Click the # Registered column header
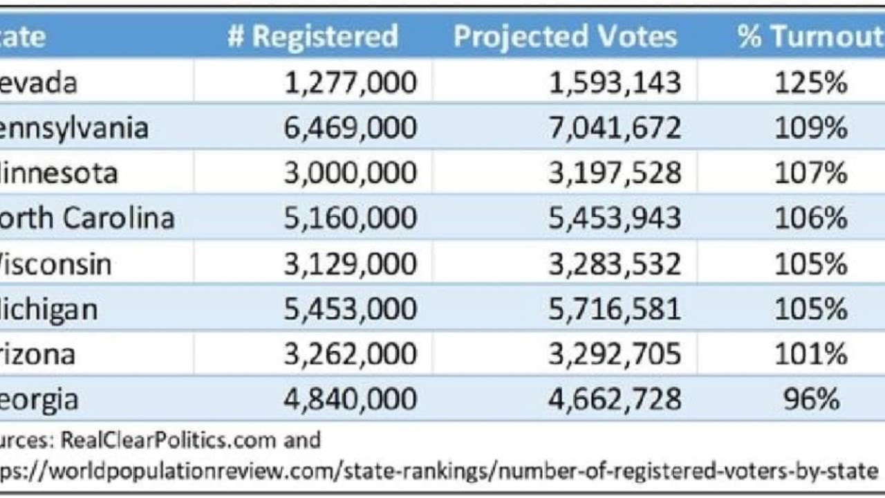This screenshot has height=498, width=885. click(313, 37)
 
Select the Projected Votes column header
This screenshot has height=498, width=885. click(565, 37)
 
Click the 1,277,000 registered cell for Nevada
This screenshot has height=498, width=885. click(351, 83)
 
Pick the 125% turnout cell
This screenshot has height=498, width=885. click(811, 83)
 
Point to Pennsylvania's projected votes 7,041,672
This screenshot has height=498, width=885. click(615, 128)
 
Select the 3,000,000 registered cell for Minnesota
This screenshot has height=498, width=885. click(351, 173)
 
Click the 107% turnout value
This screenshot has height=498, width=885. click(811, 173)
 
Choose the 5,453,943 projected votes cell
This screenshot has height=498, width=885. click(615, 219)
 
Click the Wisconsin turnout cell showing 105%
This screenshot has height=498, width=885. click(811, 264)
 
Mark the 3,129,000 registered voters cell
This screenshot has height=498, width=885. click(351, 264)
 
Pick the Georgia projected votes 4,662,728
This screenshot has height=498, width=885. click(615, 400)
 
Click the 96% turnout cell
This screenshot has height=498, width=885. click(811, 400)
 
